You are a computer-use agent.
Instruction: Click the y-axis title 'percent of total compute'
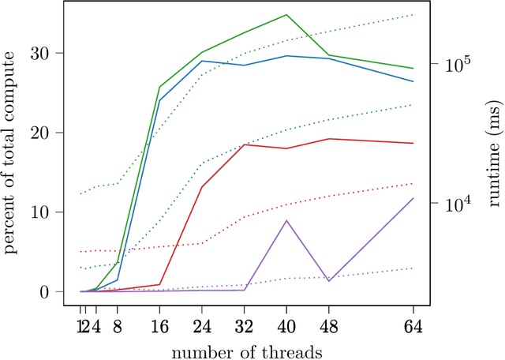pos(11,152)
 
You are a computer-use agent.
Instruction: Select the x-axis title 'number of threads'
pos(247,349)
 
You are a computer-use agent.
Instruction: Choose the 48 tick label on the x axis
pos(329,326)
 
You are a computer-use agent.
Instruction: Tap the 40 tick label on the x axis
pos(286,326)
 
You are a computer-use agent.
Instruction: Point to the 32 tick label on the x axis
pos(245,326)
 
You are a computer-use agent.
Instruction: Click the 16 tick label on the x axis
pos(159,326)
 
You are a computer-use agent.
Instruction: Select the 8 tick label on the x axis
pos(118,326)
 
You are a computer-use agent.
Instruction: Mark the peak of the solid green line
pos(286,14)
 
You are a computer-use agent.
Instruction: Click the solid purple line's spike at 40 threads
pos(286,220)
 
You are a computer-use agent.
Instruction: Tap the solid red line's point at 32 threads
pos(245,144)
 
